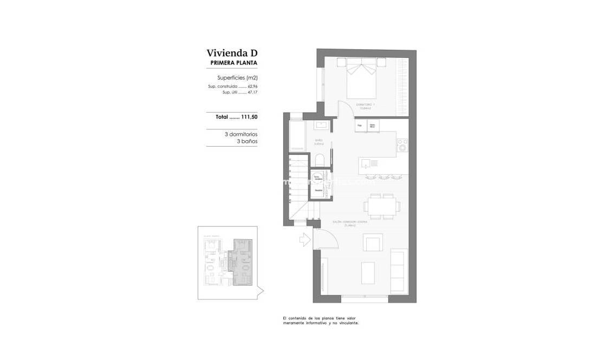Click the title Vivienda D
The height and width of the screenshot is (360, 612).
click(x=231, y=53)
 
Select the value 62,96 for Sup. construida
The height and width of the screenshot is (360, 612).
click(x=252, y=87)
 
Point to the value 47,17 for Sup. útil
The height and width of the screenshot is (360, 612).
click(x=252, y=93)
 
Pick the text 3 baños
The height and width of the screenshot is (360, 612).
click(x=247, y=141)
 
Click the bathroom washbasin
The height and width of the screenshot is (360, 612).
click(x=321, y=125)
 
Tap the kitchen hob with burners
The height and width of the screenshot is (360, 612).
click(x=402, y=145)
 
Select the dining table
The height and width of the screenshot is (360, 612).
click(x=381, y=205)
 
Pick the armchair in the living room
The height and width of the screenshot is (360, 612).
click(x=373, y=243)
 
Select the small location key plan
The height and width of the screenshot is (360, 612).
click(x=227, y=262)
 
